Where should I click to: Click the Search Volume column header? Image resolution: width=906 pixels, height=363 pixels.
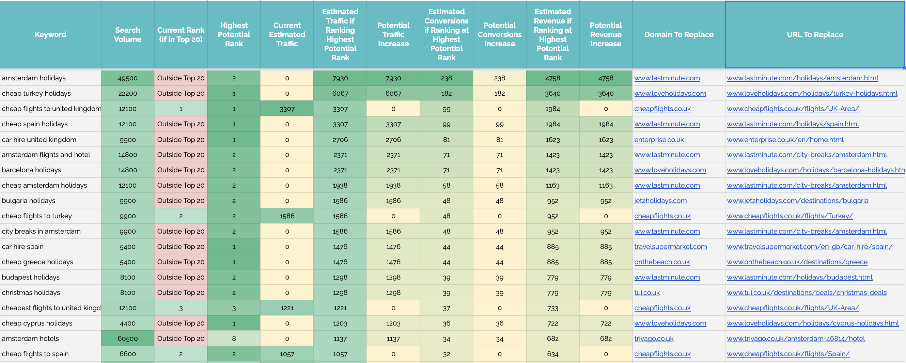[127, 34]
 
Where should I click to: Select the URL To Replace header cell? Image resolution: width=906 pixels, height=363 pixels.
[815, 34]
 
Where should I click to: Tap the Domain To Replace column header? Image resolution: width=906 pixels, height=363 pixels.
[678, 34]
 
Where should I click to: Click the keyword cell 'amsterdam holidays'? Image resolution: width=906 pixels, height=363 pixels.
[34, 78]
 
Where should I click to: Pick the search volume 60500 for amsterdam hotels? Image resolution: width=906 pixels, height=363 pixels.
[127, 339]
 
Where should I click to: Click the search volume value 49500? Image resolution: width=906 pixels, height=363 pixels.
[127, 78]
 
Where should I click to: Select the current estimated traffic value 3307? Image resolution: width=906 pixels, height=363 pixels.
[287, 109]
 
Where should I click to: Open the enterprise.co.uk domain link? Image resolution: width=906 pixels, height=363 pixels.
[659, 140]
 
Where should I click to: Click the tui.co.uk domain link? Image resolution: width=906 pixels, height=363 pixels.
[647, 293]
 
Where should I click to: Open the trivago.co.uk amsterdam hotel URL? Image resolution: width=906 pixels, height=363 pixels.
[796, 339]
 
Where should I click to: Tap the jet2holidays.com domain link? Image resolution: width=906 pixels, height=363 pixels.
[660, 201]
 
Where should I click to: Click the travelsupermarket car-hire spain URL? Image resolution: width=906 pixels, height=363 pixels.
[809, 247]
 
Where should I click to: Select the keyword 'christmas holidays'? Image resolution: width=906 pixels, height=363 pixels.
[31, 293]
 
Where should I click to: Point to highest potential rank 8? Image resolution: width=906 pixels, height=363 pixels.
[234, 339]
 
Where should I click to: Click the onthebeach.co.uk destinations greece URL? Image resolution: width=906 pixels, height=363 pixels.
[797, 262]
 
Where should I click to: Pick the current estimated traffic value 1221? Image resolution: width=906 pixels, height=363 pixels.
[287, 308]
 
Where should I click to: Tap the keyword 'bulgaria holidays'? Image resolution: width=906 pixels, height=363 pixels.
[29, 201]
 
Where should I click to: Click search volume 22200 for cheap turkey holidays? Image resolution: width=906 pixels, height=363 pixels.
[127, 94]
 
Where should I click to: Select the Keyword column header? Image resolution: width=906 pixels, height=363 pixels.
[50, 34]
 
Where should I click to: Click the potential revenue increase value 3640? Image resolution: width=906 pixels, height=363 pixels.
[606, 94]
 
